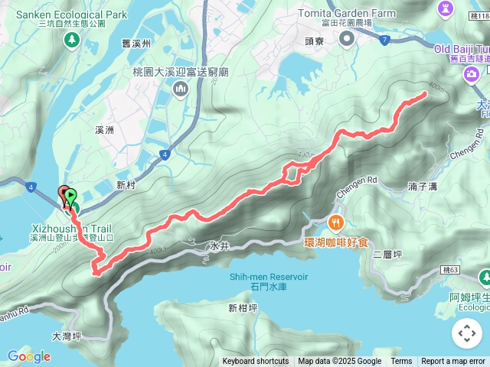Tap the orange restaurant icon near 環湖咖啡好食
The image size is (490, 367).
(335, 223)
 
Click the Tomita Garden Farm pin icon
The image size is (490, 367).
(347, 39)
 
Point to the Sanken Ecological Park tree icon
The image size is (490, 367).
(72, 40)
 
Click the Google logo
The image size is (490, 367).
(29, 356)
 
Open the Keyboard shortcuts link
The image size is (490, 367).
(256, 362)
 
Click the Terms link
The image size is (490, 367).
(401, 362)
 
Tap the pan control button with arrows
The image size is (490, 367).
(466, 333)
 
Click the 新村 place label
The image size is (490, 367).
(126, 184)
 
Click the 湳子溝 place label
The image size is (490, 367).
(422, 186)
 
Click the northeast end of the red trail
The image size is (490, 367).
(425, 95)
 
